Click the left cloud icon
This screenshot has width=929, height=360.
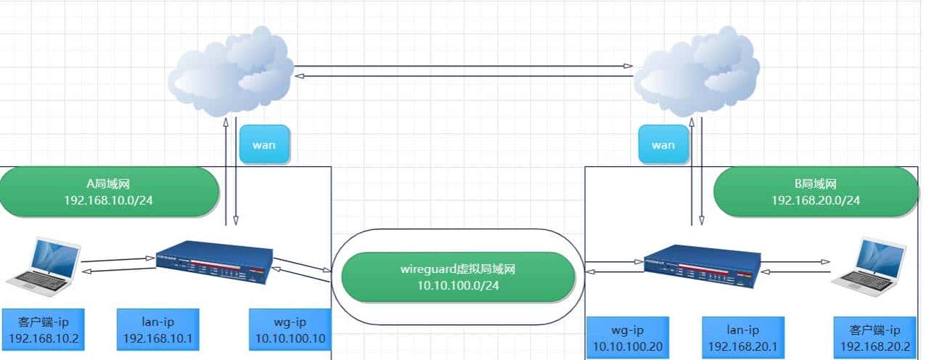(229, 73)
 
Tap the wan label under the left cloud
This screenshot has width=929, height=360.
(263, 144)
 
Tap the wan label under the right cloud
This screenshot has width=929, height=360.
(663, 144)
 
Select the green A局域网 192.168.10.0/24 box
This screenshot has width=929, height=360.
(110, 192)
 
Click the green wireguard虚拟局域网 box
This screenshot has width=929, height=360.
(457, 277)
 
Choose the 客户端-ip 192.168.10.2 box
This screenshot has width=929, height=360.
(43, 330)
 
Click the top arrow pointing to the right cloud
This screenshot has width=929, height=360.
(464, 66)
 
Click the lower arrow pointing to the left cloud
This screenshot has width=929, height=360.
(464, 75)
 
